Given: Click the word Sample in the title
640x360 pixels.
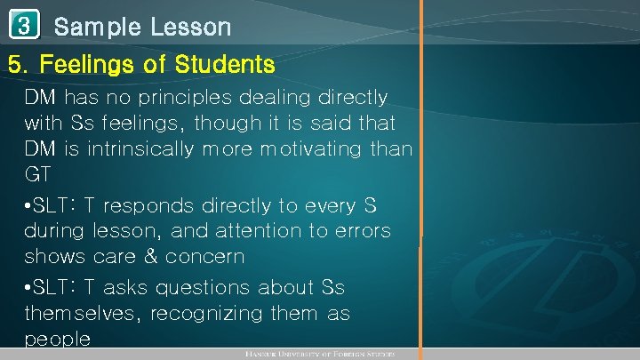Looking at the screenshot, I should pyautogui.click(x=97, y=28).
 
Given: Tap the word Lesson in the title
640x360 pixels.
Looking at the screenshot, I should pyautogui.click(x=188, y=27).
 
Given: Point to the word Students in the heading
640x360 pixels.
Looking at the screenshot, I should pyautogui.click(x=227, y=65).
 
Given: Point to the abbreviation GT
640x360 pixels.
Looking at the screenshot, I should pyautogui.click(x=38, y=173).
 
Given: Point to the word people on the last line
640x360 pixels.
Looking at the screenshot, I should pyautogui.click(x=58, y=340).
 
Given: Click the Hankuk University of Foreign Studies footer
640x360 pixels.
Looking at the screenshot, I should pyautogui.click(x=320, y=355).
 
